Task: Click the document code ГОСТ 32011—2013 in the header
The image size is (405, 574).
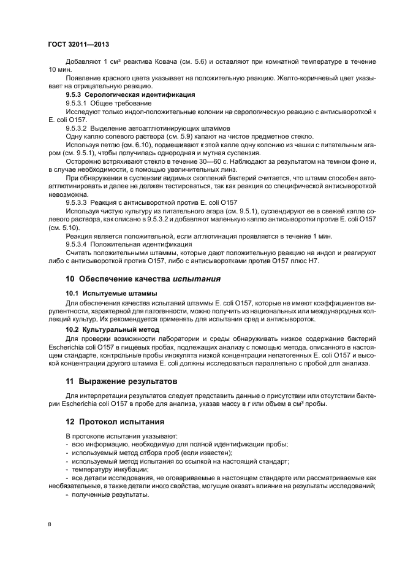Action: pos(78,45)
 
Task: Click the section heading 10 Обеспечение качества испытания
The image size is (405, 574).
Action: pos(143,278)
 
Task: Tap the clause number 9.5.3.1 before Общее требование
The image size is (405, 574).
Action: pos(80,103)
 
